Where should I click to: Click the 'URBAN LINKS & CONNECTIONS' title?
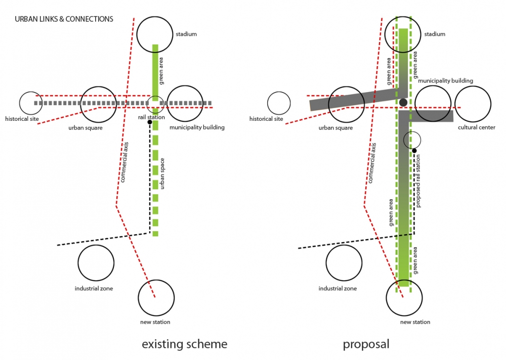click(64, 19)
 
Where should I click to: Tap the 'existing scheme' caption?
click(184, 344)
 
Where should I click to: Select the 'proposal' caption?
click(366, 344)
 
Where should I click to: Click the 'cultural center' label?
click(476, 127)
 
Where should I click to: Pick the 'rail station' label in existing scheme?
click(149, 117)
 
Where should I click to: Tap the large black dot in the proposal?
click(403, 103)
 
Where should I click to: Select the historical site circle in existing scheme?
click(31, 103)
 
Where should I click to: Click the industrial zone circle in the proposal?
click(344, 263)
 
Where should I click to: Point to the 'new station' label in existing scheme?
click(155, 322)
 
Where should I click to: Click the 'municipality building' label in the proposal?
click(446, 80)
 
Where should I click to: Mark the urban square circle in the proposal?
click(347, 104)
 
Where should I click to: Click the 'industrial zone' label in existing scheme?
click(94, 289)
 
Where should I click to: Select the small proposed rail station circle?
click(412, 140)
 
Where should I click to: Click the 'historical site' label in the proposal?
click(266, 119)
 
